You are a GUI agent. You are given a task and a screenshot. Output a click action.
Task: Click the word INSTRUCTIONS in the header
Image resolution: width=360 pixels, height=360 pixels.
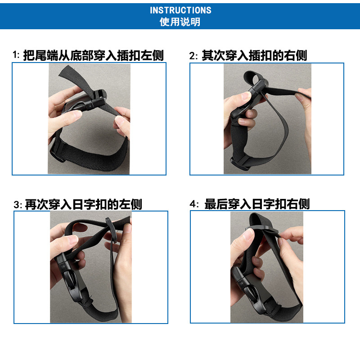coord(180,10)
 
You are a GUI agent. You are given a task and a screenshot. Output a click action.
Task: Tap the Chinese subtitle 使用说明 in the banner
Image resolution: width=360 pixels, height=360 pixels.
coord(180,22)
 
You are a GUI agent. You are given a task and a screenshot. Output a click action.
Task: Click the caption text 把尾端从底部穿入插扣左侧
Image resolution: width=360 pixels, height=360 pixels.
coord(93,55)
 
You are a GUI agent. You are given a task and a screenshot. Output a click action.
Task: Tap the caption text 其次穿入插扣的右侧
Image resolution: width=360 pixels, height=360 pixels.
coord(254,55)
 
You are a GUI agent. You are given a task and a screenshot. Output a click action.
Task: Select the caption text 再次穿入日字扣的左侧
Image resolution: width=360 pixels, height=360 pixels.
coord(83,204)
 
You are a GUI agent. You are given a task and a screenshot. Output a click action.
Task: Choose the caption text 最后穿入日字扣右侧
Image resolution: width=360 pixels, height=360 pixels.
coord(257,204)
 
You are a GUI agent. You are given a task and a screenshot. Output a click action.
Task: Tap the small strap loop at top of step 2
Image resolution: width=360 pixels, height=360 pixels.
coord(254,81)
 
